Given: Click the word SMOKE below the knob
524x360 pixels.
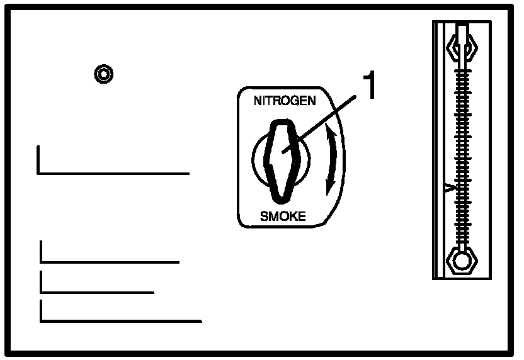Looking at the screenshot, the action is (283, 217).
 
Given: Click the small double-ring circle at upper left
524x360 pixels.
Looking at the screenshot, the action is (103, 75).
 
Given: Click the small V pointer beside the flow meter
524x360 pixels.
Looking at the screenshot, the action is (448, 188).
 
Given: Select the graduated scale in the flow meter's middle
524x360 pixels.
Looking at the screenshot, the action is (464, 151).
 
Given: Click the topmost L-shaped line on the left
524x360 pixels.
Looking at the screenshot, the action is (113, 172).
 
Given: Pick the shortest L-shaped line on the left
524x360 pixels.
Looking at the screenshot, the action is (97, 292).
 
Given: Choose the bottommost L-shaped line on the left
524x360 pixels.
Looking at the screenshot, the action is (120, 320).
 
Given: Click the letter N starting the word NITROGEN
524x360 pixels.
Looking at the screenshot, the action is (257, 101).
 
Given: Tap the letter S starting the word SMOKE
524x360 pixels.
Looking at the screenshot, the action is (264, 217).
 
